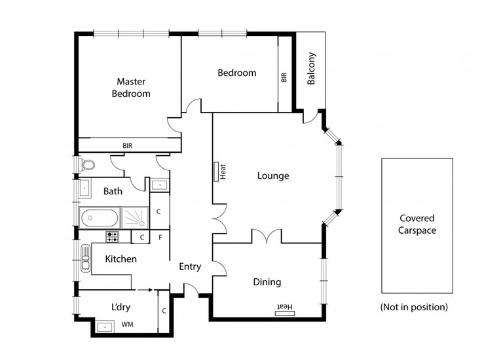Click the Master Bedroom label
click(131, 88)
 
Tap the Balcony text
click(311, 68)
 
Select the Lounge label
click(273, 175)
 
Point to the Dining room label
click(267, 282)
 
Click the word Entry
click(190, 266)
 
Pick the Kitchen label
click(121, 259)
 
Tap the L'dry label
click(121, 307)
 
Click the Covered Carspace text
click(417, 224)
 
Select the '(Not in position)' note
click(414, 307)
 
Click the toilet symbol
click(87, 165)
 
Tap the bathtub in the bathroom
click(100, 218)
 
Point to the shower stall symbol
click(135, 218)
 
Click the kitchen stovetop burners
click(112, 237)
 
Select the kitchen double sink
click(85, 258)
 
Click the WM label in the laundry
click(127, 325)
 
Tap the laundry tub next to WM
click(105, 327)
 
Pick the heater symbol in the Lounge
click(216, 171)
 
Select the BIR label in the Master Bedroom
click(127, 146)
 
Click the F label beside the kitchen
click(160, 238)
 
